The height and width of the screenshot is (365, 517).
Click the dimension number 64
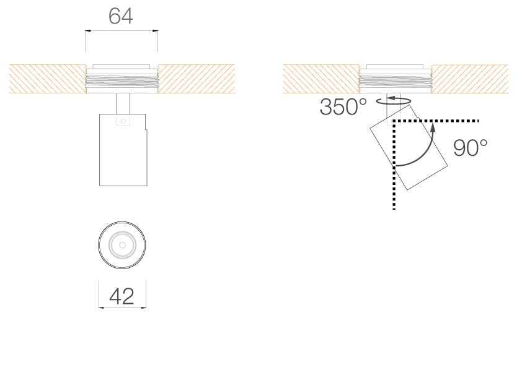click(121, 17)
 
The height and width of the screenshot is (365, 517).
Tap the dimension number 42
click(122, 297)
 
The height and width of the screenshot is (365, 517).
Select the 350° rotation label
click(343, 108)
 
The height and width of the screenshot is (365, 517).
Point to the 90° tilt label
click(470, 148)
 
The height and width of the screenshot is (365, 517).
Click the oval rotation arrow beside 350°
click(394, 101)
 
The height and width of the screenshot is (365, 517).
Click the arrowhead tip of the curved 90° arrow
click(433, 124)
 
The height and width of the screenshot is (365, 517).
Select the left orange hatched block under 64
click(47, 79)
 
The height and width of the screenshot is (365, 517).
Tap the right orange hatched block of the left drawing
click(197, 79)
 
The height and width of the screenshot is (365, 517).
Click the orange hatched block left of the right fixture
click(321, 79)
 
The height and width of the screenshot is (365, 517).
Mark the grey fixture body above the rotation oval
click(395, 81)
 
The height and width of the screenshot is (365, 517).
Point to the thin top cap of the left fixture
click(121, 66)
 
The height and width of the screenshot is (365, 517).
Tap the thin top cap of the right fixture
click(395, 66)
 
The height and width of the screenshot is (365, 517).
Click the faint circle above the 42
click(122, 246)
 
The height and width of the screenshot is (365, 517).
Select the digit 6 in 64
click(115, 17)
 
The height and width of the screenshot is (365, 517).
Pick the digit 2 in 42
click(128, 297)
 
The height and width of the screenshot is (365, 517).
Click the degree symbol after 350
click(362, 101)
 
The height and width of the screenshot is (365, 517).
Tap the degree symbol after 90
click(483, 142)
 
